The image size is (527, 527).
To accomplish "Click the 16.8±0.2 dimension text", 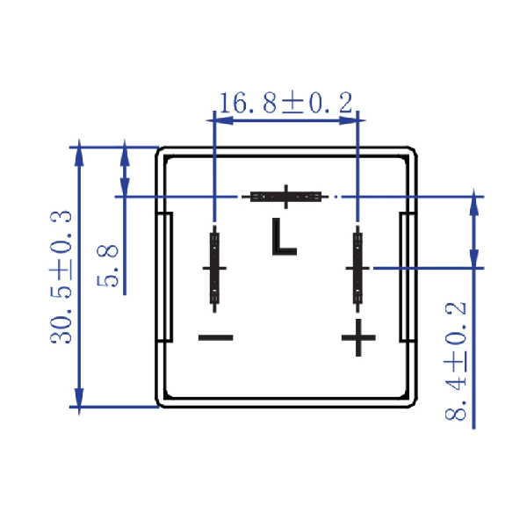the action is pos(286,103).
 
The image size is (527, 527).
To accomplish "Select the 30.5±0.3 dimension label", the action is pos(61,278).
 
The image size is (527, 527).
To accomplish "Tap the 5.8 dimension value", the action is pos(107,266).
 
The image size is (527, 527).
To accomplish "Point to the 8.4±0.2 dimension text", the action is pos(456,361).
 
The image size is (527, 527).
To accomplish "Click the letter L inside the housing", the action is pos(284,236).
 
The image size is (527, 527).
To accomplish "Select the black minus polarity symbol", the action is pos(216,337).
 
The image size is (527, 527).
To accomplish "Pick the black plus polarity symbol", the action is pos(358,337).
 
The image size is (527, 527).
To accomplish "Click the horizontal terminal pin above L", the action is pos(285,197).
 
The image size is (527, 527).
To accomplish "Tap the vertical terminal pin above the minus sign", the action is pos(214,268).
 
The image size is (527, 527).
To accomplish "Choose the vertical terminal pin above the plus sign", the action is pos(357,268).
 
